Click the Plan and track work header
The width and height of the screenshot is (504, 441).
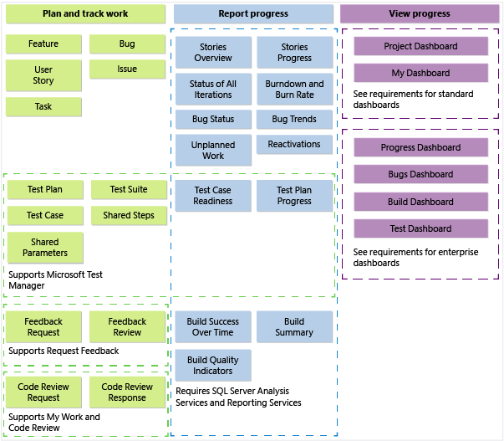(84, 14)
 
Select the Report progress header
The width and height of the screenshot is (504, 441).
(253, 14)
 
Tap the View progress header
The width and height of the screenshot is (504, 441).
(419, 14)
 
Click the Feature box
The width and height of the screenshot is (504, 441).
(43, 44)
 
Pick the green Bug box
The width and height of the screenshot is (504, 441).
(127, 44)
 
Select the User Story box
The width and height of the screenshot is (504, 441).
(43, 75)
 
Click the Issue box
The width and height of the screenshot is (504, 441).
(127, 69)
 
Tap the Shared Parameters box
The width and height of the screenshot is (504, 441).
(45, 248)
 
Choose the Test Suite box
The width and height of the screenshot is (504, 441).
(129, 190)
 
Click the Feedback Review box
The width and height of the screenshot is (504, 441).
(127, 327)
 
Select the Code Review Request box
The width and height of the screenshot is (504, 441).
(43, 392)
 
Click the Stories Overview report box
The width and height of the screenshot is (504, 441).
(213, 53)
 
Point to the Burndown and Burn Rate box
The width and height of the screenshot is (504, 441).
(294, 90)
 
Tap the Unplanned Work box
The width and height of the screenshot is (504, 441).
(213, 151)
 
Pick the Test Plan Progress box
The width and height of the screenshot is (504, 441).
(294, 196)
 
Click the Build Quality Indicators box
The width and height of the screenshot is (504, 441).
(213, 366)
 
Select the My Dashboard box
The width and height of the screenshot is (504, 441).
(420, 73)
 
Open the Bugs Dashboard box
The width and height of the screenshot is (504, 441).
(420, 175)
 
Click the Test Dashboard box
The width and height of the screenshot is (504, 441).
(420, 228)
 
